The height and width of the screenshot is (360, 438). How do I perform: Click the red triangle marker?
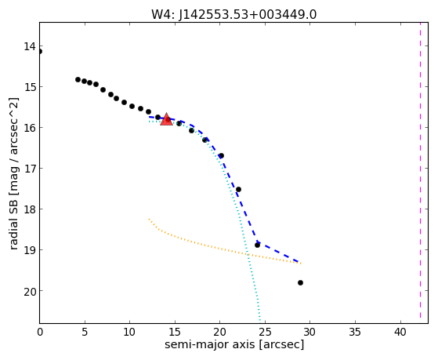point(166,119)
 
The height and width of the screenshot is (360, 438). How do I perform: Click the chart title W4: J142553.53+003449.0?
point(233,14)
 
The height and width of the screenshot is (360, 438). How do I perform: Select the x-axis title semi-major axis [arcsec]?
point(234,344)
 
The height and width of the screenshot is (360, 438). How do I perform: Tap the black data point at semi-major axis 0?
point(40,52)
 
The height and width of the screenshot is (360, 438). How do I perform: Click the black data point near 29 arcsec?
point(300,283)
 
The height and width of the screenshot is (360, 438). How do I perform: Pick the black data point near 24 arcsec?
point(257,245)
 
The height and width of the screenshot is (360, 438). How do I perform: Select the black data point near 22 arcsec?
point(238,189)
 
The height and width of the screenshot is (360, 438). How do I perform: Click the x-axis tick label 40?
point(400,333)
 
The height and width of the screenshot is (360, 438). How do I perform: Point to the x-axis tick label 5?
point(85,333)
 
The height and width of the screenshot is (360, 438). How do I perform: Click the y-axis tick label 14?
point(30,46)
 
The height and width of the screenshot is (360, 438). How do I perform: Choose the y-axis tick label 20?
point(30,291)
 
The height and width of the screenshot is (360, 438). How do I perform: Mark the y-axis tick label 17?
point(30,169)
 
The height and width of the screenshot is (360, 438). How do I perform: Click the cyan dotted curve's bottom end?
point(260,322)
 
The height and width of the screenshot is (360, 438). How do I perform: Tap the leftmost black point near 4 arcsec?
point(78,79)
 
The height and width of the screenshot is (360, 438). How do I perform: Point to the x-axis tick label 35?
point(355,333)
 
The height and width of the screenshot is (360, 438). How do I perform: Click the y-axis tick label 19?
point(30,250)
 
